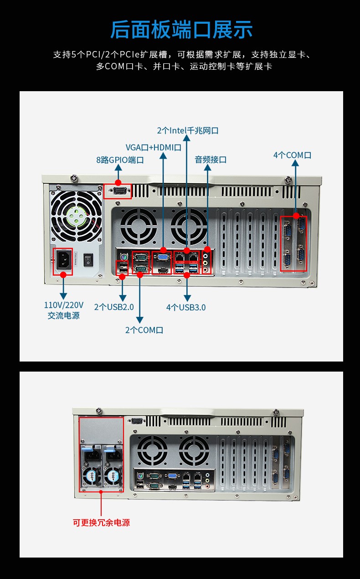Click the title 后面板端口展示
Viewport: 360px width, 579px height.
[181, 30]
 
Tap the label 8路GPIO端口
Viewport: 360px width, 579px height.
[120, 160]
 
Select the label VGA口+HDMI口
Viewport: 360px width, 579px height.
[153, 147]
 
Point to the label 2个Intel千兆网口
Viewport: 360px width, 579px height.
[188, 130]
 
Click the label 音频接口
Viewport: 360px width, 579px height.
[211, 160]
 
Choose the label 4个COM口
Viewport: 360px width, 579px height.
[292, 155]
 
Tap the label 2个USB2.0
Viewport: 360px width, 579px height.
[114, 307]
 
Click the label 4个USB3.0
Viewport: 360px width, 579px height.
[186, 307]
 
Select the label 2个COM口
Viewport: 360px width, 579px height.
[144, 330]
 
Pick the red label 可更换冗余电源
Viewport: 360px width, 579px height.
[101, 522]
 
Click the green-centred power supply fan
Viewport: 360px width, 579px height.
[77, 216]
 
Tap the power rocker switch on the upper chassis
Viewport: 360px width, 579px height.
[88, 260]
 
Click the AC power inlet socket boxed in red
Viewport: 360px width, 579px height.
[63, 262]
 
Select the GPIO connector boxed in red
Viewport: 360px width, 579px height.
[118, 191]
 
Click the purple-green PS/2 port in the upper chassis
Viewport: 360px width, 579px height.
[123, 257]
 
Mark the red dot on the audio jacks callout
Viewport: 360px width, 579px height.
[207, 249]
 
